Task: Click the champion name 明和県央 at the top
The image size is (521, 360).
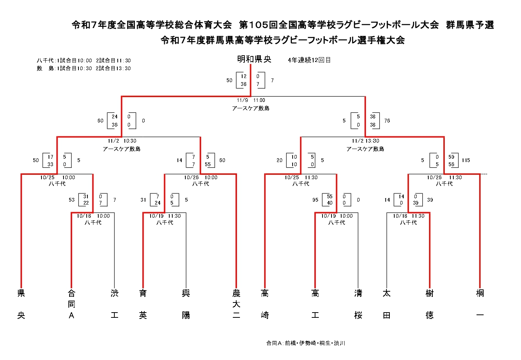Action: (x=254, y=59)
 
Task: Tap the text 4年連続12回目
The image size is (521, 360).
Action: (x=309, y=60)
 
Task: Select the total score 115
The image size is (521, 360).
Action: (x=466, y=160)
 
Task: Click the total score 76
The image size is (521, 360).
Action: (x=387, y=121)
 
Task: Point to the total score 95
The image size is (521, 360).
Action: (x=315, y=200)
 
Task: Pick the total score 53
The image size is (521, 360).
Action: (x=72, y=200)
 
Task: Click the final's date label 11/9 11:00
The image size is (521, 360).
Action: (x=251, y=100)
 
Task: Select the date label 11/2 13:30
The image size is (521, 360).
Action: (x=365, y=141)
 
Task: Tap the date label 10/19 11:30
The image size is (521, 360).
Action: (x=165, y=216)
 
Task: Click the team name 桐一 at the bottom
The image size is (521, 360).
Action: (x=480, y=304)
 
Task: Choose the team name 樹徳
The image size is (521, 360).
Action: (x=430, y=304)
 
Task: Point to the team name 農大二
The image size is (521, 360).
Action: (x=236, y=304)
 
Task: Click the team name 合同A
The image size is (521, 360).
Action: (x=71, y=304)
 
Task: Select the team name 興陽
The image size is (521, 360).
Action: (x=186, y=304)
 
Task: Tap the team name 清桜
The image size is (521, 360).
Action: (x=358, y=304)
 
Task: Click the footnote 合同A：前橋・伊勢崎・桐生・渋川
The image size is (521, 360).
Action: (x=305, y=343)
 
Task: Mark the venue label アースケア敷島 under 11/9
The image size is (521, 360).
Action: (x=250, y=108)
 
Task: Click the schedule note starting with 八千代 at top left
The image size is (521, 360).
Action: (x=84, y=60)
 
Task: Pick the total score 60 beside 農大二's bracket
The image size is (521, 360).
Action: (x=222, y=160)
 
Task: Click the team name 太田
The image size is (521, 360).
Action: (x=386, y=304)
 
